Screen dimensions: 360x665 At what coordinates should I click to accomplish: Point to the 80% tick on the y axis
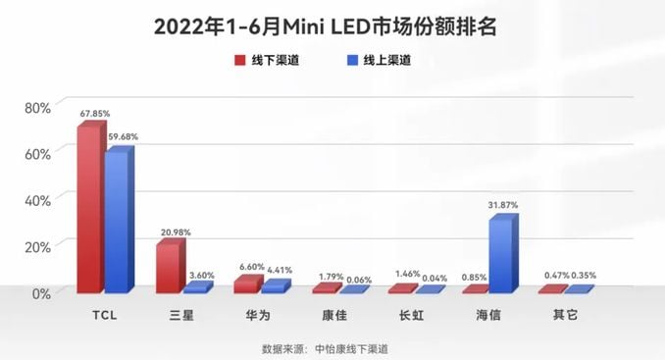(36, 107)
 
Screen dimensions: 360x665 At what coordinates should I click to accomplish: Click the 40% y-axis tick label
(36, 200)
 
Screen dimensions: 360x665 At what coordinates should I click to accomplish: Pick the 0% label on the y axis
(40, 292)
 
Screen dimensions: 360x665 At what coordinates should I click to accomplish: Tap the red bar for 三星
(168, 267)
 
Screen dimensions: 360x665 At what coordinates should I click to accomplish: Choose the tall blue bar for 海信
(501, 254)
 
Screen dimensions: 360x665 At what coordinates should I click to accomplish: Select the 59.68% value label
(122, 136)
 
